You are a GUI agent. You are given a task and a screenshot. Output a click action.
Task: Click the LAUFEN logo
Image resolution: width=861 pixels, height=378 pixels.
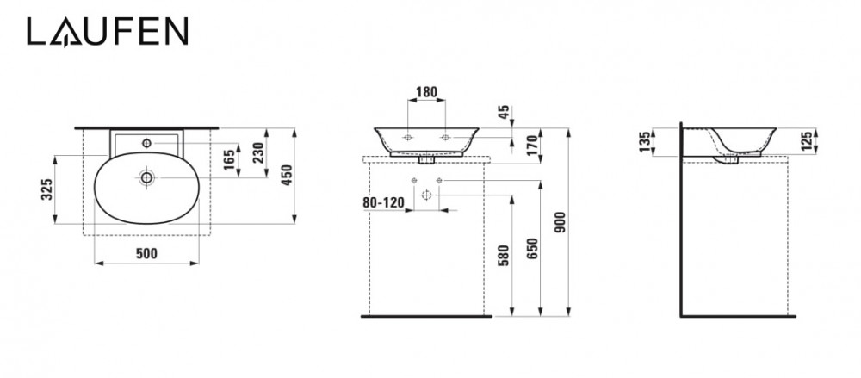point(108,31)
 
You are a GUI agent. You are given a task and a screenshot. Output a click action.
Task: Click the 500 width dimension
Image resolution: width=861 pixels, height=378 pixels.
point(146,253)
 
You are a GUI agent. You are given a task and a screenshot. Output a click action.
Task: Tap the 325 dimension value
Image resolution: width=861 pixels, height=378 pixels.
point(47,189)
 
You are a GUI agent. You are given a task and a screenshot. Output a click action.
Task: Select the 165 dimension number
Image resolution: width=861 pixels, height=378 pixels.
point(229,159)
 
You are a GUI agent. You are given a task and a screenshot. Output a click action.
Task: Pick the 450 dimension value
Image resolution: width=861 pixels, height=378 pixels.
point(287,176)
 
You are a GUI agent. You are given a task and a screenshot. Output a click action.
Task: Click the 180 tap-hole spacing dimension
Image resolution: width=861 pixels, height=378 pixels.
point(426,92)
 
